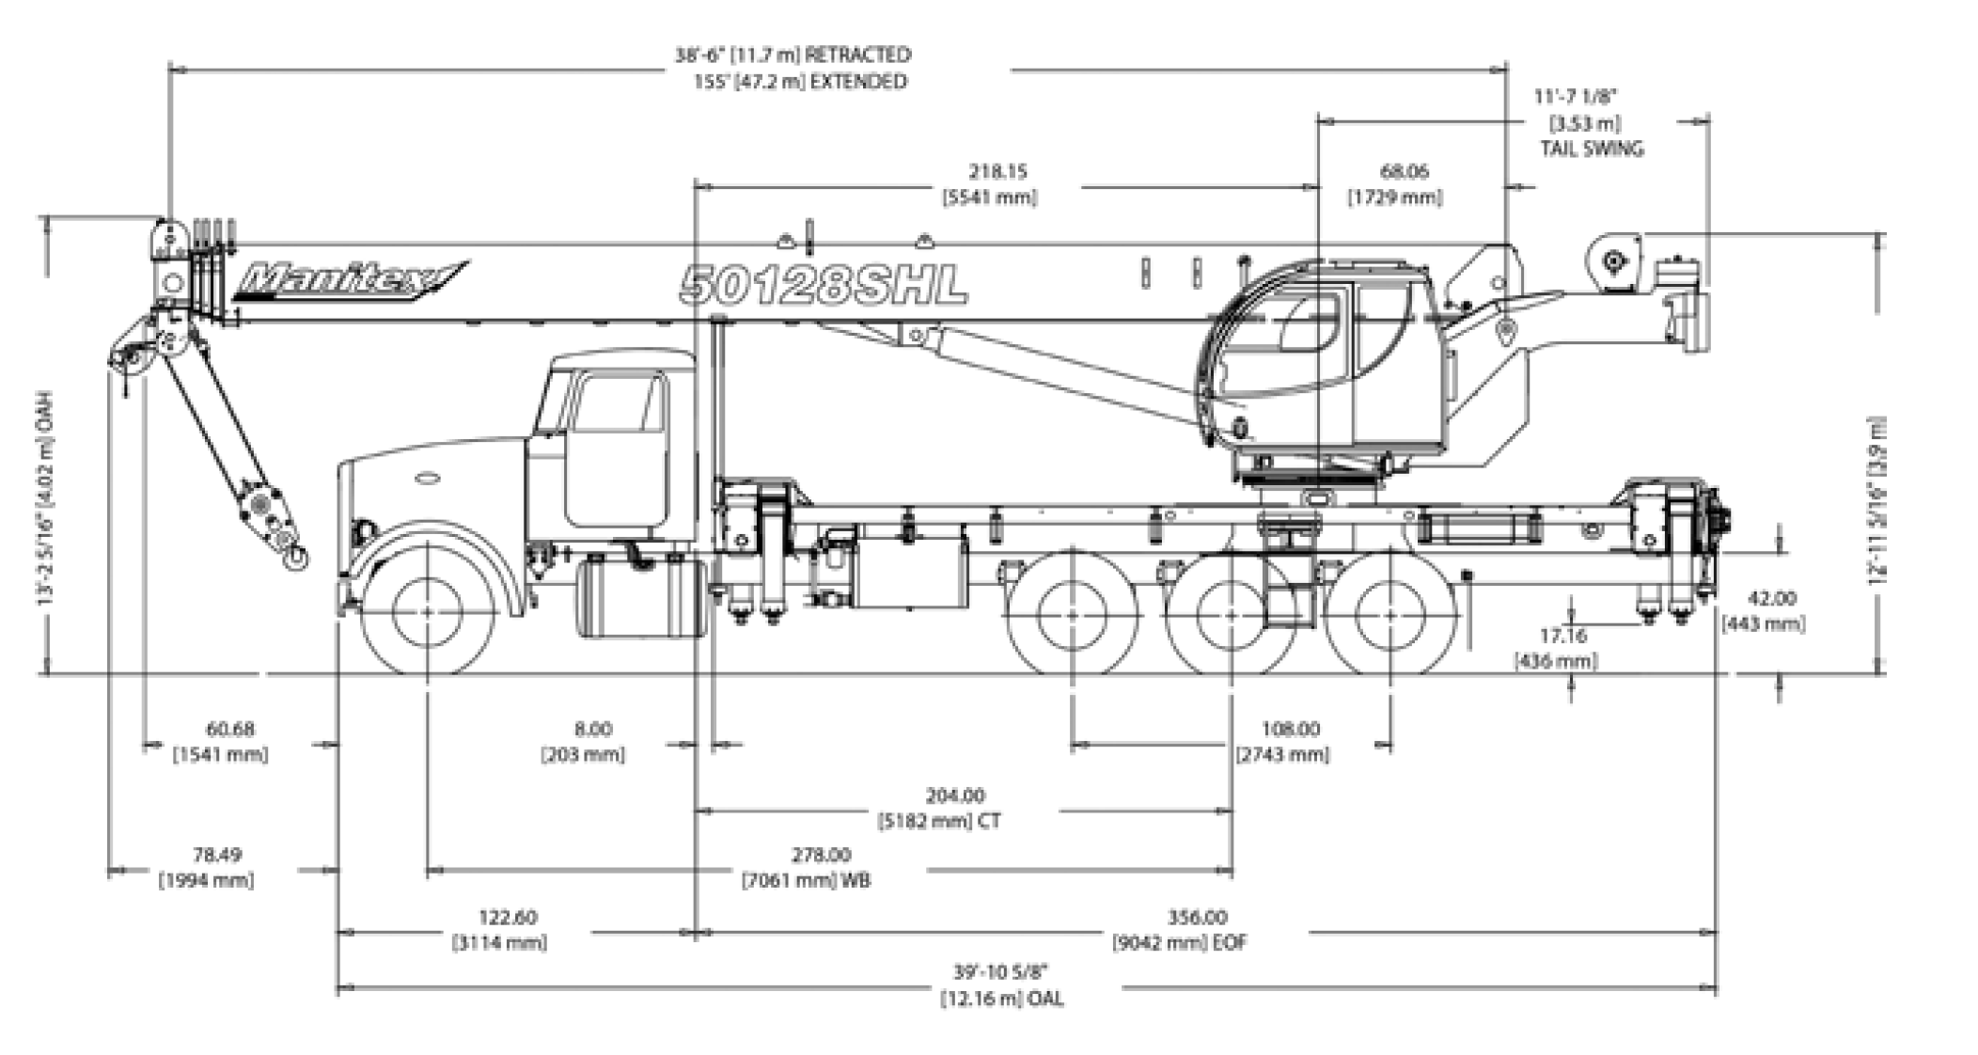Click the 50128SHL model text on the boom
click(824, 284)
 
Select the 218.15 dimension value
click(998, 172)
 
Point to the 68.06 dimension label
click(1404, 171)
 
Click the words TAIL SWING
click(1591, 149)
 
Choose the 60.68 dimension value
click(229, 729)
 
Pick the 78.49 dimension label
click(217, 855)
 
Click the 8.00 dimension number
click(592, 729)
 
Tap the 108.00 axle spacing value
click(1290, 729)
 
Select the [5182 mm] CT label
click(939, 821)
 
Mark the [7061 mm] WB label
click(806, 881)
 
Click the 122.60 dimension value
click(508, 917)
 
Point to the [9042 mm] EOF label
click(1179, 942)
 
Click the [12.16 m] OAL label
click(1002, 999)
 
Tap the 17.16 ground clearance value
click(1562, 637)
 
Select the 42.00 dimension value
click(1772, 598)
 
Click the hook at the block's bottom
click(294, 557)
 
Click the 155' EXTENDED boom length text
click(800, 82)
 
